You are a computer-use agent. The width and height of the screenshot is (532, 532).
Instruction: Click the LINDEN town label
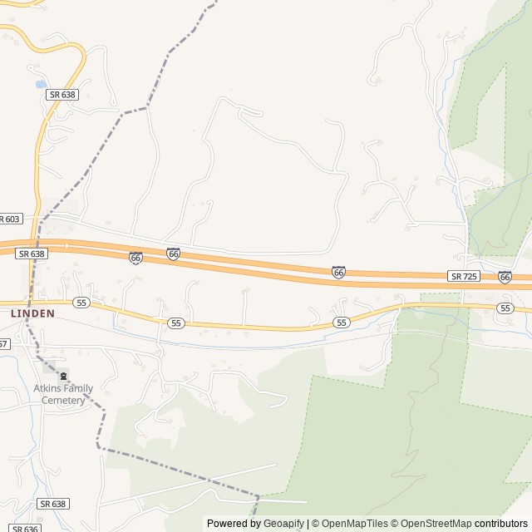click(x=32, y=313)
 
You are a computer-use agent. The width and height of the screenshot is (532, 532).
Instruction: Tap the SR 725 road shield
click(x=464, y=275)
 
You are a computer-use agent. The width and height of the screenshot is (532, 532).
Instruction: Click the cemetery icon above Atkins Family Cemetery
click(x=63, y=376)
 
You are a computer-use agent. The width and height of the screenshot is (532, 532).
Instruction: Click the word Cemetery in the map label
click(x=63, y=400)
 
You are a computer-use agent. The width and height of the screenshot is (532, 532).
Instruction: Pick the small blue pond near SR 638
click(x=40, y=84)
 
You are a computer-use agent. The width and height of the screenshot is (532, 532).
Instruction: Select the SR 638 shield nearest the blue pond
click(x=62, y=95)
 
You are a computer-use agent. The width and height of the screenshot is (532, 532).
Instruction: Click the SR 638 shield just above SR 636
click(x=52, y=504)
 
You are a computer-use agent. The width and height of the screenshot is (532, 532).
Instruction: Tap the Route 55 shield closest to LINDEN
click(x=81, y=303)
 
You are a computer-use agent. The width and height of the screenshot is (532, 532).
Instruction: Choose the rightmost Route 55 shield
click(x=505, y=308)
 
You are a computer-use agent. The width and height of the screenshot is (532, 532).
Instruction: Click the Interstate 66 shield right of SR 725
click(x=505, y=276)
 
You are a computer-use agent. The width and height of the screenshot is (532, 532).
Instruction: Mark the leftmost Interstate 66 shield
click(x=135, y=258)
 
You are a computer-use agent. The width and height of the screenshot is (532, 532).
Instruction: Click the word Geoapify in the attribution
click(x=283, y=524)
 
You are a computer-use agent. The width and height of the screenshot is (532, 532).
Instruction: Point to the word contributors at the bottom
click(x=500, y=524)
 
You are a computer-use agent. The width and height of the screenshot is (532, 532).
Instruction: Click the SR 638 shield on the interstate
click(x=31, y=254)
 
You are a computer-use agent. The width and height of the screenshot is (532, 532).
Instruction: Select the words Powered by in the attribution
click(x=234, y=524)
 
